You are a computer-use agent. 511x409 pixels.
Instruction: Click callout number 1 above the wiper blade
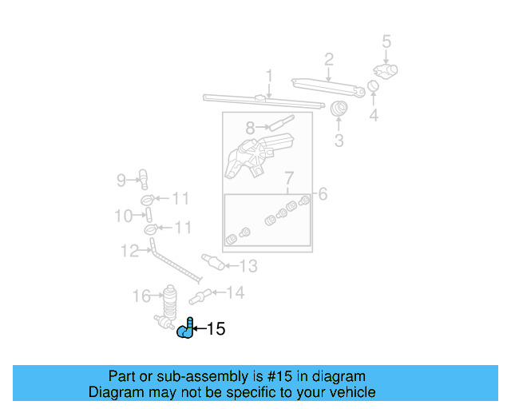pyautogui.click(x=269, y=77)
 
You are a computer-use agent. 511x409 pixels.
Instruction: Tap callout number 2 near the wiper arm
pyautogui.click(x=328, y=58)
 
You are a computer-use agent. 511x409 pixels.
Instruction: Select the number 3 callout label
pyautogui.click(x=339, y=141)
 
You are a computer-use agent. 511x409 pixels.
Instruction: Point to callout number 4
pyautogui.click(x=373, y=117)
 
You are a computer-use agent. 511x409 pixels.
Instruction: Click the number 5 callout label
pyautogui.click(x=386, y=41)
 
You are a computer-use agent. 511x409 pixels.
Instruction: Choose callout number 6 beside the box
pyautogui.click(x=323, y=193)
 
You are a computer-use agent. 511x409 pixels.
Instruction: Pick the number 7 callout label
pyautogui.click(x=289, y=177)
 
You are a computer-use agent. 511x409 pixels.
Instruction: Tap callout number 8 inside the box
pyautogui.click(x=250, y=127)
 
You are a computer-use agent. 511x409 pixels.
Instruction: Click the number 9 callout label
pyautogui.click(x=121, y=181)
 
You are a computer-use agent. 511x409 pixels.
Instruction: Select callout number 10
pyautogui.click(x=123, y=216)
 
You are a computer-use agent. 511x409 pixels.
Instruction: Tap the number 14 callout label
pyautogui.click(x=235, y=293)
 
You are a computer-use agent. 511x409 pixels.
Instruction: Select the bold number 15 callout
pyautogui.click(x=216, y=328)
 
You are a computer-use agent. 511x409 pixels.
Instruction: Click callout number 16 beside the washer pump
pyautogui.click(x=141, y=297)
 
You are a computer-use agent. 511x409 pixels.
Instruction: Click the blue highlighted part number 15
pyautogui.click(x=185, y=329)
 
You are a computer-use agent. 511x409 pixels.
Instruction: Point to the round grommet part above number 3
pyautogui.click(x=339, y=109)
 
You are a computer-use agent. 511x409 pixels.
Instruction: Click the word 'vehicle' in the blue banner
pyautogui.click(x=348, y=392)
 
